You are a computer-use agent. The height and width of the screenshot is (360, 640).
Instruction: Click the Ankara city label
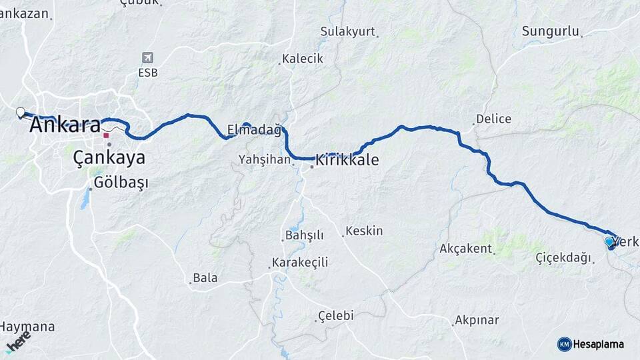tap(65, 125)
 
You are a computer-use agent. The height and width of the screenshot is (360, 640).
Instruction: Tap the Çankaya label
tap(109, 158)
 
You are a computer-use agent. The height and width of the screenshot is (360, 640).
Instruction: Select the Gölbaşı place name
tap(121, 182)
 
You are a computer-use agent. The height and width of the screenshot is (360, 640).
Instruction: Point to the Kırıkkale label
tap(347, 160)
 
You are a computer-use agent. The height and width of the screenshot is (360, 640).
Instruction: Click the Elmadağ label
tap(254, 130)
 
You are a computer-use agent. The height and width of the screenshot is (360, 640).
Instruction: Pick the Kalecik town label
tap(302, 59)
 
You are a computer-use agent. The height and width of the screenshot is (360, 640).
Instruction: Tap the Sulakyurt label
tap(347, 31)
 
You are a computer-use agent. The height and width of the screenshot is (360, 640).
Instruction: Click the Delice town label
tap(494, 119)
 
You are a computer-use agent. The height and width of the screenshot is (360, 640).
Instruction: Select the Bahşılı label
tap(304, 235)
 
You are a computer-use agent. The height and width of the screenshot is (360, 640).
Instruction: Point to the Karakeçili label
tap(300, 262)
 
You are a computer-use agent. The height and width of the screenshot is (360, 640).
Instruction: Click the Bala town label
tap(205, 278)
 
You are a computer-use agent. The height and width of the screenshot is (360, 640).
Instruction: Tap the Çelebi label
tap(335, 315)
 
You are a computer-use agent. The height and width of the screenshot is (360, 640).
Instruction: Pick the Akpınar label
tap(477, 320)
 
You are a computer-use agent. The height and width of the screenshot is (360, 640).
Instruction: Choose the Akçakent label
tap(466, 249)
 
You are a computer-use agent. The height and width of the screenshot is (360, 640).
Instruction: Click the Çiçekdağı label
tap(563, 257)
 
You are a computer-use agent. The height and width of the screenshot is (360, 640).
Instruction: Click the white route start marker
tap(21, 112)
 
